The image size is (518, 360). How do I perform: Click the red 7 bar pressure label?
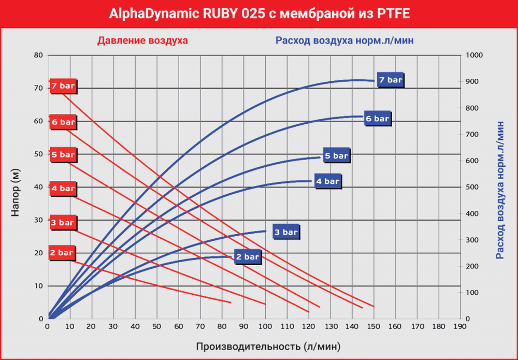click(63, 86)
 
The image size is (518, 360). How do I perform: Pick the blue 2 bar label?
click(248, 256)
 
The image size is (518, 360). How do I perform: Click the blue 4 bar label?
click(327, 181)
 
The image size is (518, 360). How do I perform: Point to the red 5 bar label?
click(63, 154)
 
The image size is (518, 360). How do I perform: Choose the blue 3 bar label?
click(286, 232)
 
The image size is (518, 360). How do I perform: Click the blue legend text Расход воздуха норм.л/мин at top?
click(344, 40)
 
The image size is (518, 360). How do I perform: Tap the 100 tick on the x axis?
click(265, 326)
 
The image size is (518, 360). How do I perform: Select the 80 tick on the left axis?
click(37, 55)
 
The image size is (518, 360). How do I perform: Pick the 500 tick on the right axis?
click(472, 187)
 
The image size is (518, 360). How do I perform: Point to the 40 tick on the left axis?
click(37, 187)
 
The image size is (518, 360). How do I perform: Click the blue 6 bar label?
click(377, 119)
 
